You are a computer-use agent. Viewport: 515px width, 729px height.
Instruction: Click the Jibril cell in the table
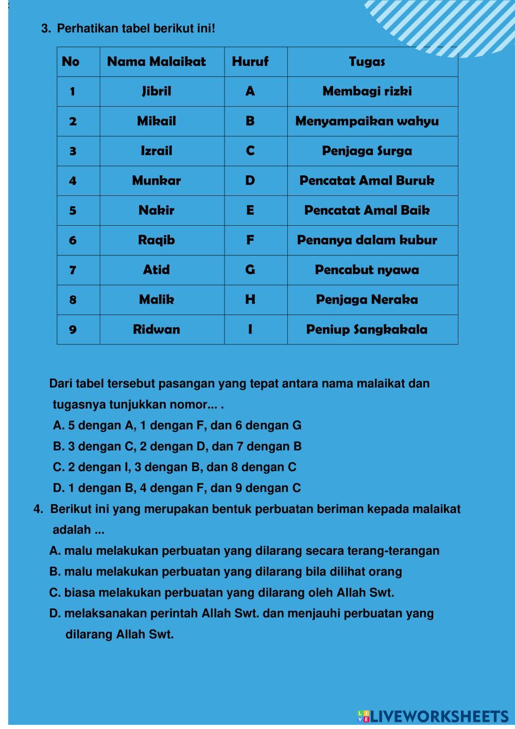157,92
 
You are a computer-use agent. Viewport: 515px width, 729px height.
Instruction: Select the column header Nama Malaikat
156,62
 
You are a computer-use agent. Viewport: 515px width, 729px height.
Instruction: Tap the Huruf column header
250,62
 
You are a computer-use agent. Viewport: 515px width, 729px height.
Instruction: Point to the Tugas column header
367,62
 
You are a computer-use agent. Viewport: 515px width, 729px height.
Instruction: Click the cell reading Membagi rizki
367,92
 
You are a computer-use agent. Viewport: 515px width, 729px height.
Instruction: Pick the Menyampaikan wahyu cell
367,122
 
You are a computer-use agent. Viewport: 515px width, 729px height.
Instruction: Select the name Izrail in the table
157,151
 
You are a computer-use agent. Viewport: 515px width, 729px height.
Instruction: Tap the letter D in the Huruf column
250,181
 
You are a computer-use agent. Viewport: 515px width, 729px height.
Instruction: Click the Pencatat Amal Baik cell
367,210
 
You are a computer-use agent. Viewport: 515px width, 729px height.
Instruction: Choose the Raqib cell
157,240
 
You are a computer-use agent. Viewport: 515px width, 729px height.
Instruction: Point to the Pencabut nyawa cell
367,270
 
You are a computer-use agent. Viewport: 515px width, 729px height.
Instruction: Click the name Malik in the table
157,300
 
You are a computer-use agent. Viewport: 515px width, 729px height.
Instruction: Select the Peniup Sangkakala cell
367,329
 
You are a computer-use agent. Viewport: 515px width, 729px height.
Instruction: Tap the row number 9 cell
73,329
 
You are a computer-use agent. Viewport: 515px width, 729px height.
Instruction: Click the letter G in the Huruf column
250,270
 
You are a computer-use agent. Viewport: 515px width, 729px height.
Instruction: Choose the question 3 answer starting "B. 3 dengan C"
177,446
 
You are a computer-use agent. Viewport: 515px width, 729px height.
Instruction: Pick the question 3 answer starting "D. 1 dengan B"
177,488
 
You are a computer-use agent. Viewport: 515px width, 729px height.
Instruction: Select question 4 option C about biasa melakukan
221,593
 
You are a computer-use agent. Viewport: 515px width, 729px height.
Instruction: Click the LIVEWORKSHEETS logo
433,716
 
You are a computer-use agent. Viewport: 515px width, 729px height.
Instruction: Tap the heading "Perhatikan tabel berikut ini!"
136,28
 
